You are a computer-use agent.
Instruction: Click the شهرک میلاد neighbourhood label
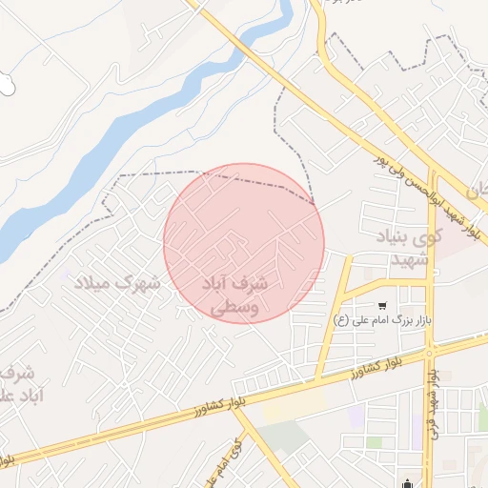coord(120,283)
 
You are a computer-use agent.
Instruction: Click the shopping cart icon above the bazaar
coord(382,306)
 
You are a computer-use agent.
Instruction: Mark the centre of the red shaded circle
coord(244,244)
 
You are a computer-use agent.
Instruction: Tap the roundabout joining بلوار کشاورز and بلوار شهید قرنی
coord(432,352)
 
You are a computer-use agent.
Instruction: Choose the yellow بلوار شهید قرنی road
coord(431,286)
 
